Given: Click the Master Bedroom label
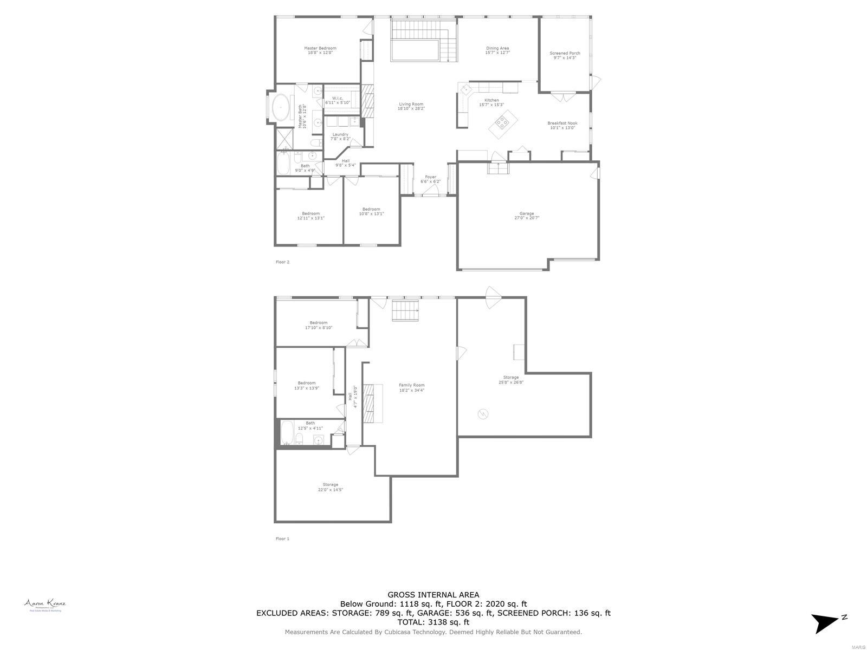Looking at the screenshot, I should tap(320, 48).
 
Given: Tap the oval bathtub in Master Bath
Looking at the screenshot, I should tap(281, 107).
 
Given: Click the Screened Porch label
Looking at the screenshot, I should tap(565, 53).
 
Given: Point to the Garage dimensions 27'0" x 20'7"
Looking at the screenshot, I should tap(527, 218).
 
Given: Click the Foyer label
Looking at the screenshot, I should tap(430, 177).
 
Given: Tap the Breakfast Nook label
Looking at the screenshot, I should tap(562, 123).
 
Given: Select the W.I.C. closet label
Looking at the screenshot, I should tap(338, 98).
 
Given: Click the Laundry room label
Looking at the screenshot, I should tap(340, 134).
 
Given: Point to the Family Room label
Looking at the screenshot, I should tap(412, 385).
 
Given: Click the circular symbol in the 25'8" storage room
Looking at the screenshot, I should tap(483, 414).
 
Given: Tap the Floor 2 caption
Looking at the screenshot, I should tap(282, 262).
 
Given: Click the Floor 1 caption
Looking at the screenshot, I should tap(282, 538).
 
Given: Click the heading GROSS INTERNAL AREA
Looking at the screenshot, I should tap(433, 595).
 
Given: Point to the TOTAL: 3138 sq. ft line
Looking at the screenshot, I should tap(433, 622).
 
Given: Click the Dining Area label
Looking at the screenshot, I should tap(497, 48).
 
